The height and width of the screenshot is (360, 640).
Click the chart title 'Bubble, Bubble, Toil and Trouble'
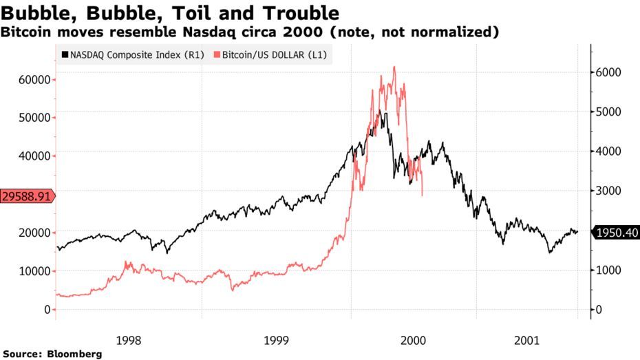[170, 13]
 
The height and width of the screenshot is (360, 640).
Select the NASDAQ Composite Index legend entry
[133, 54]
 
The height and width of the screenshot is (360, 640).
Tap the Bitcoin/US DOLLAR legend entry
[270, 54]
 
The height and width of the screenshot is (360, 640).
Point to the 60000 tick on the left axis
[34, 80]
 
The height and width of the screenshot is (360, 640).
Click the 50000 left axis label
[34, 118]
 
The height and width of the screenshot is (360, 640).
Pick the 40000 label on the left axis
[34, 156]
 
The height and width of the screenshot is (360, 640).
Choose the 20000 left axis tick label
[34, 233]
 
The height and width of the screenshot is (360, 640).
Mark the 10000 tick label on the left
[34, 271]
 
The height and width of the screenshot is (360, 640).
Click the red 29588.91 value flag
[28, 196]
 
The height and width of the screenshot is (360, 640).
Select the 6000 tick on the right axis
[608, 72]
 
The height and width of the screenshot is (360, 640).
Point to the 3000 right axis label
[608, 191]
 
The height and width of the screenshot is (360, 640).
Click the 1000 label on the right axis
[608, 270]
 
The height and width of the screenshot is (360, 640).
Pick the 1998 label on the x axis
[129, 340]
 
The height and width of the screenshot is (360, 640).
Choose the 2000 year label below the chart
[413, 340]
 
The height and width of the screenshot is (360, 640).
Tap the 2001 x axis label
[526, 340]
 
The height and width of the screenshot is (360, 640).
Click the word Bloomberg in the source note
[75, 354]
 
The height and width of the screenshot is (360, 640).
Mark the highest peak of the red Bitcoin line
[394, 67]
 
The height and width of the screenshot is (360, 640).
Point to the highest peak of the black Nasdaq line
[380, 110]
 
